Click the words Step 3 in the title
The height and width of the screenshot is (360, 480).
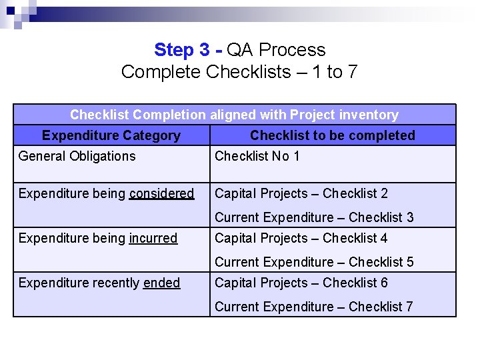pos(184,50)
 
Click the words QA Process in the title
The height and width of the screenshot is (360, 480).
pos(276,50)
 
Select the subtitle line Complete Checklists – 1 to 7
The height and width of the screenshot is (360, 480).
pos(239,72)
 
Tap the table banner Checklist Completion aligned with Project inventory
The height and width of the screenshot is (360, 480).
pos(234,115)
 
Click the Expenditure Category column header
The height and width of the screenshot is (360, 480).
pos(111,135)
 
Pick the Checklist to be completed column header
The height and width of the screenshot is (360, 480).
pos(332,135)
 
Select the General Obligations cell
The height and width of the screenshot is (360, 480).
pos(77,156)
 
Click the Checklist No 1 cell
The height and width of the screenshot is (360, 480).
pos(257,156)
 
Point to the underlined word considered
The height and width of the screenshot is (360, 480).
pos(161,193)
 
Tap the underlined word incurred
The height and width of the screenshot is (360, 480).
pos(153,238)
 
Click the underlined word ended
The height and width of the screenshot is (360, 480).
pos(161,283)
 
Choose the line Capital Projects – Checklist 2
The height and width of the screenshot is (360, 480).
pos(301,193)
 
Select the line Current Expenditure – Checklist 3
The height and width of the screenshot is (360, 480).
pos(314,217)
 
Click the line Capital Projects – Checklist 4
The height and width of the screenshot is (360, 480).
pos(301,238)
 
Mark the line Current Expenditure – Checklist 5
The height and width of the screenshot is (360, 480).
pos(314,262)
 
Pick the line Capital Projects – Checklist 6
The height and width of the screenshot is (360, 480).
pos(301,283)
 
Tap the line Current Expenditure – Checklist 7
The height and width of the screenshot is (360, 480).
pos(314,307)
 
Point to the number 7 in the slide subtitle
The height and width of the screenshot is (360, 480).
pos(351,72)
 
